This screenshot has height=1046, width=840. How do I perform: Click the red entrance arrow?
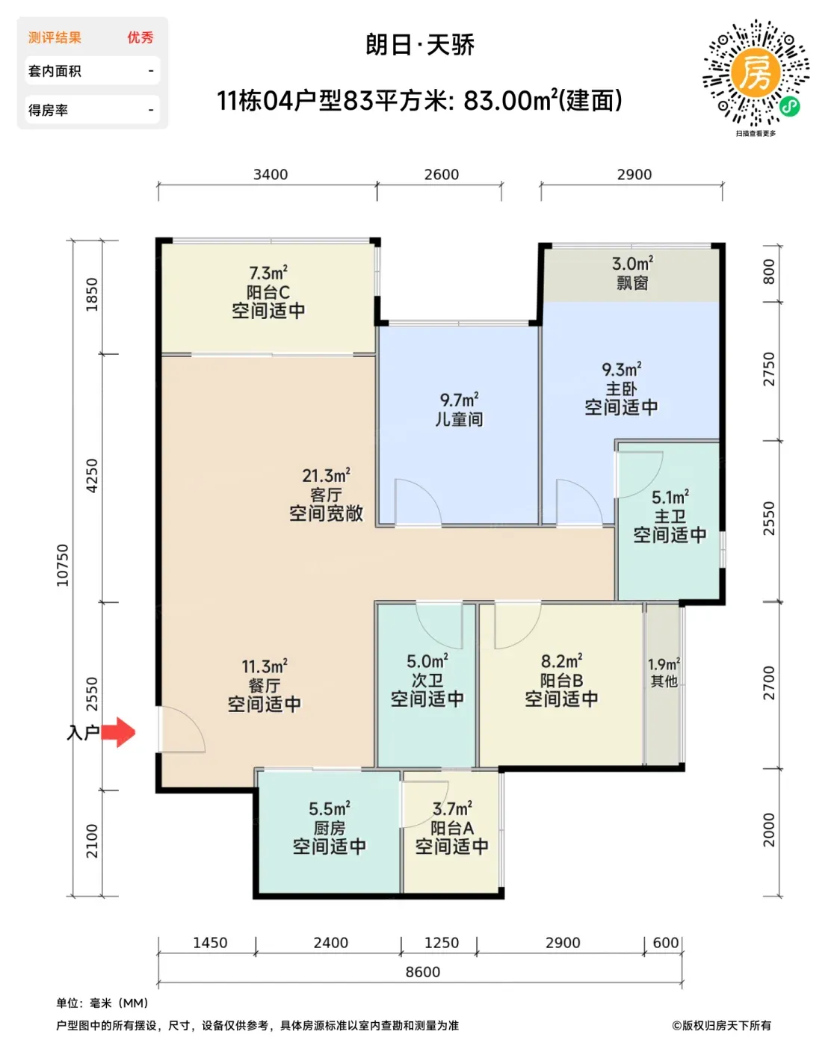pyautogui.click(x=118, y=731)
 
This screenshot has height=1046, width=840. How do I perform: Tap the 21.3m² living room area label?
pyautogui.click(x=326, y=475)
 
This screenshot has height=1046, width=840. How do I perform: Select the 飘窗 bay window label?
pyautogui.click(x=632, y=283)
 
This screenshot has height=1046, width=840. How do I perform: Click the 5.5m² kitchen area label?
pyautogui.click(x=329, y=809)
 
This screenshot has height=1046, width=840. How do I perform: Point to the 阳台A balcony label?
pyautogui.click(x=451, y=828)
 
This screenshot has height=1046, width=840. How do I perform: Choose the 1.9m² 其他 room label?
pyautogui.click(x=664, y=672)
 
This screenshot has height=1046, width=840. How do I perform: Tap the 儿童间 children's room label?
pyautogui.click(x=459, y=419)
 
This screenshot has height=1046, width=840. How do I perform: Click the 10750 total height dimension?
pyautogui.click(x=63, y=566)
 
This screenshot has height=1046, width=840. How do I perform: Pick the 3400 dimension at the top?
pyautogui.click(x=271, y=174)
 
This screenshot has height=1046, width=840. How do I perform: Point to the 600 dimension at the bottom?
pyautogui.click(x=665, y=942)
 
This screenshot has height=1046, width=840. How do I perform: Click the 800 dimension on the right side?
pyautogui.click(x=768, y=272)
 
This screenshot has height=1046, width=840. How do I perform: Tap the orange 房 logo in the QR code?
pyautogui.click(x=756, y=73)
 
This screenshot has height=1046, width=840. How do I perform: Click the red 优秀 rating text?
pyautogui.click(x=140, y=37)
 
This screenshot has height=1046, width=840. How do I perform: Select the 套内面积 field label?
pyautogui.click(x=55, y=71)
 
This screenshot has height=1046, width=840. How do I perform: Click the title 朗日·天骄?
pyautogui.click(x=420, y=46)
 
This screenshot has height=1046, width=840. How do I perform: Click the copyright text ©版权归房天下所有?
pyautogui.click(x=721, y=1026)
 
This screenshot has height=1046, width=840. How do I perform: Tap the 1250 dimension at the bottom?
pyautogui.click(x=442, y=942)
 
